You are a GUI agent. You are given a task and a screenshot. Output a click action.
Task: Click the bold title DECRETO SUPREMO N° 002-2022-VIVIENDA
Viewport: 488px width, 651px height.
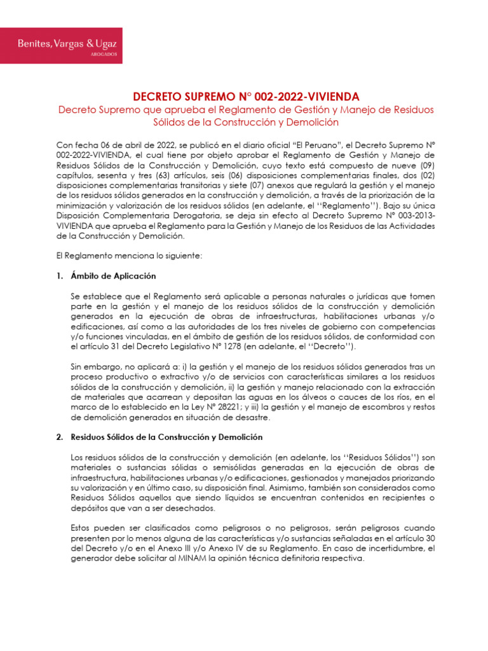[x=246, y=97]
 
